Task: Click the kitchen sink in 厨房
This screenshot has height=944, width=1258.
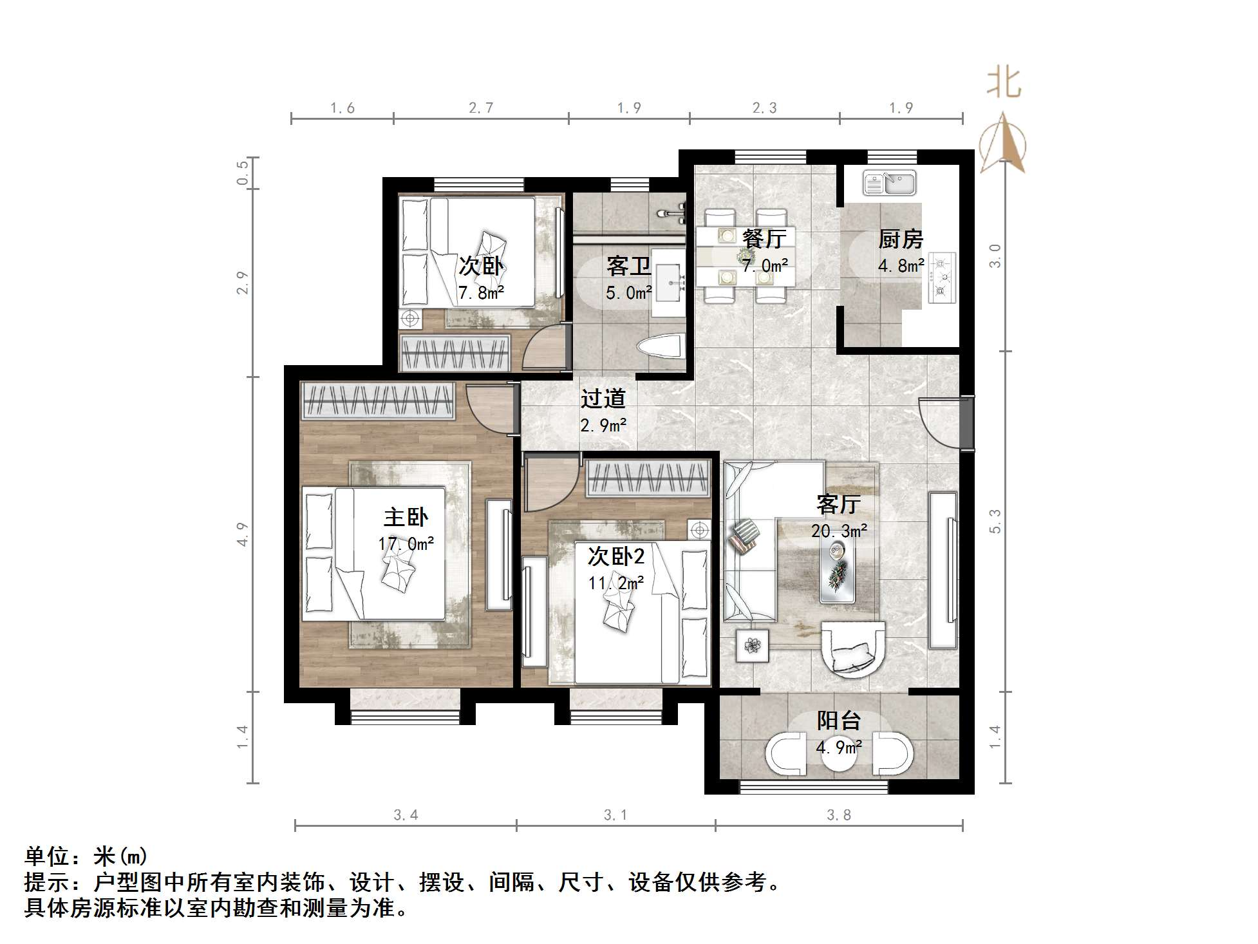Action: point(890,183)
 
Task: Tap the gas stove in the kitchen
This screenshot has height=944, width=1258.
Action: point(941,278)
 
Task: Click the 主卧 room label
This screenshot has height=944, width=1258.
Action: point(406,517)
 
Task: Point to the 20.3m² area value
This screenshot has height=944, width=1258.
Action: point(839,531)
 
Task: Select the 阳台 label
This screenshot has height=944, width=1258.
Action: point(838,720)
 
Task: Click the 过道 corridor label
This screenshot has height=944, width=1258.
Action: point(603,399)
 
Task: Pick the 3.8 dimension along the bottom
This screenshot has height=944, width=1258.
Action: point(839,815)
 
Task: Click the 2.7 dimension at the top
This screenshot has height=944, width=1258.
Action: point(481,108)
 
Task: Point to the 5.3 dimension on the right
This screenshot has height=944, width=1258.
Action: point(995,521)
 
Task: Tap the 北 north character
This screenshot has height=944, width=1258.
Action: point(1004,84)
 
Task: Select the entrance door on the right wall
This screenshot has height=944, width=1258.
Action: point(965,422)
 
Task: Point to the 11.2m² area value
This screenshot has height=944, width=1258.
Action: point(616,583)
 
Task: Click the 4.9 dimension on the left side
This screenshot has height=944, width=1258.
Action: point(242,534)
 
